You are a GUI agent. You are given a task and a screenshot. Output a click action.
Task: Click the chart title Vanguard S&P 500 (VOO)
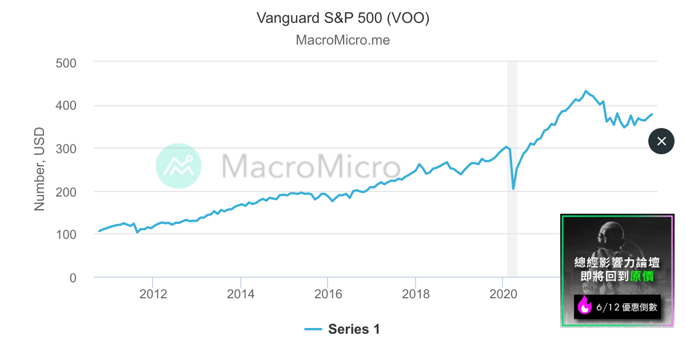[343, 18]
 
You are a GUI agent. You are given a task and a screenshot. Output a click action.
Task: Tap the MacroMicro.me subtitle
[343, 41]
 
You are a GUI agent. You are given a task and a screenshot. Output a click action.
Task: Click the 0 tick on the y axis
[73, 278]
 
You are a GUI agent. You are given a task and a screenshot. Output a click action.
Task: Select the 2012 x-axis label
[153, 294]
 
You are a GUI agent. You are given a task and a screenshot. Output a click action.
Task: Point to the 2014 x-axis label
[241, 294]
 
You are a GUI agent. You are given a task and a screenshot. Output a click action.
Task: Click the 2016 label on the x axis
[328, 294]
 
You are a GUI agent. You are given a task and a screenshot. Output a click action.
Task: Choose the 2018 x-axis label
[416, 294]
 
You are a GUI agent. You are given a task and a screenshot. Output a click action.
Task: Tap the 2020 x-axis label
[503, 294]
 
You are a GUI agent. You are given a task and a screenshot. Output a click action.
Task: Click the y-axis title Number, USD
[39, 169]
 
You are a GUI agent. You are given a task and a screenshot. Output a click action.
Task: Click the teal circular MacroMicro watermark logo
[178, 166]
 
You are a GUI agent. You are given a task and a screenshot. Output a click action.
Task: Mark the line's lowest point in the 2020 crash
[513, 189]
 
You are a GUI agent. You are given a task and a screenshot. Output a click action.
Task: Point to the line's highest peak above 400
[585, 91]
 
